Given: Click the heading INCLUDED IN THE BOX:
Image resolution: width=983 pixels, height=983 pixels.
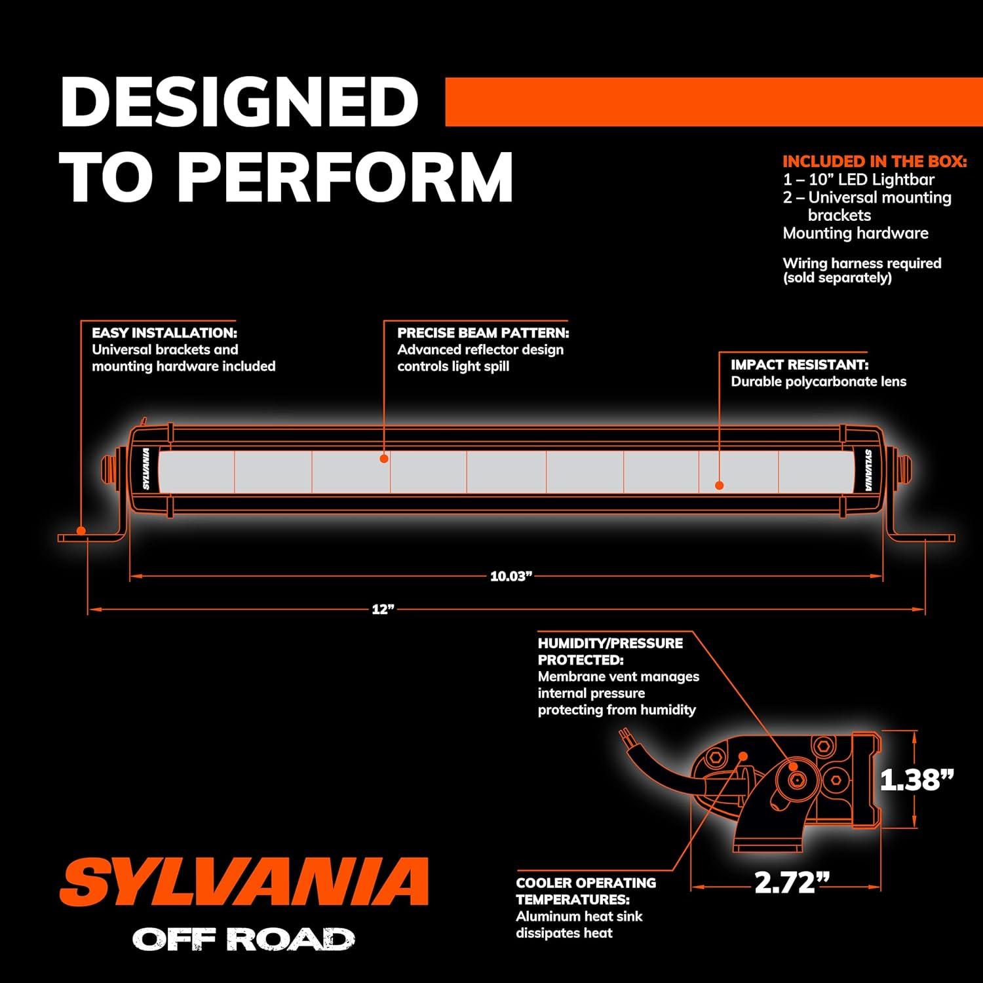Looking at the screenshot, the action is point(875,161).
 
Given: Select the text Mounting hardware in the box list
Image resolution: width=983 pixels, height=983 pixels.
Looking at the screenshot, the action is point(856,233).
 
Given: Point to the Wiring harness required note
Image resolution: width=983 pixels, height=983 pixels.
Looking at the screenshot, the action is point(862,263).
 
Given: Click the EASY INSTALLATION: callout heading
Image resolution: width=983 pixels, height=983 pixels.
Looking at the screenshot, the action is point(164,333).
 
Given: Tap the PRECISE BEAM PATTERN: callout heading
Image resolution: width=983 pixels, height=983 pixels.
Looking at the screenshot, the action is point(483,333).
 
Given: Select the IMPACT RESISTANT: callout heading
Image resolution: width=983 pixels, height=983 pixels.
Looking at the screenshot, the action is point(800,364).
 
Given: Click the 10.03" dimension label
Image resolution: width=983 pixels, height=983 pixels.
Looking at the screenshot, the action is point(511,577).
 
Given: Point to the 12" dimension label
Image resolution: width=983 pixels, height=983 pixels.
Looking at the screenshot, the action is point(383,609).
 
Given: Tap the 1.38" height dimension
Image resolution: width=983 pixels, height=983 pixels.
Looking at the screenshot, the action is point(916,779).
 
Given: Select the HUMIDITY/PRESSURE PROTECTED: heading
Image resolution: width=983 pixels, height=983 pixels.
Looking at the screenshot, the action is point(610,651).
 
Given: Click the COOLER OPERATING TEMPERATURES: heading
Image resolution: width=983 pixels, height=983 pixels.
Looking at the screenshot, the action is point(586,891).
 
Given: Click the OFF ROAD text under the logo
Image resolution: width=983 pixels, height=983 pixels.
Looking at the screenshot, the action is point(244,939).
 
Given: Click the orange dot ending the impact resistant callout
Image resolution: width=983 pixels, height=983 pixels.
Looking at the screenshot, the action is point(720,486).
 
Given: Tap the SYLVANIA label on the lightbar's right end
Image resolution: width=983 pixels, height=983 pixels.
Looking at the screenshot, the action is point(867,469).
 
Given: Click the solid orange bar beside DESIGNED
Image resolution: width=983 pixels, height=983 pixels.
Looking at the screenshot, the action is point(714,102).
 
